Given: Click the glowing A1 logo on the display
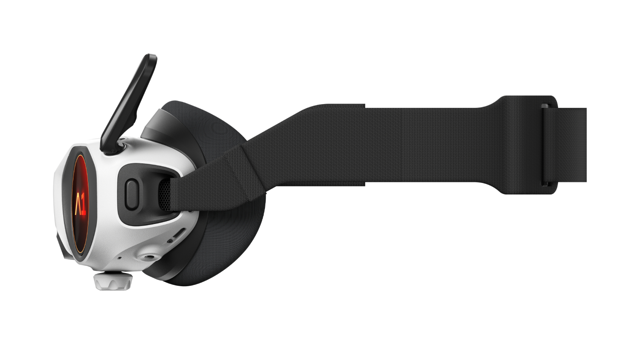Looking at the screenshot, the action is (80, 203).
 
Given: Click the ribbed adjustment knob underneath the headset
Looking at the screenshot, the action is (113, 282).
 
